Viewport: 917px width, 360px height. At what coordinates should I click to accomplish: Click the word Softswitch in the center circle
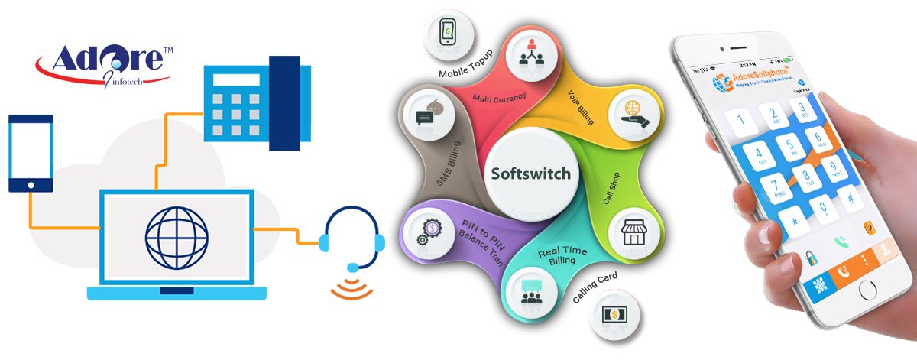pos(530,174)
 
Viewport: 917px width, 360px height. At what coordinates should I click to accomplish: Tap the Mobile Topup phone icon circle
pos(448,35)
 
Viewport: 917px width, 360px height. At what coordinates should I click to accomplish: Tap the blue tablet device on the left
pos(31,153)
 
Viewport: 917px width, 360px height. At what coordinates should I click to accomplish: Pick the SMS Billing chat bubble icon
pos(426,116)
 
